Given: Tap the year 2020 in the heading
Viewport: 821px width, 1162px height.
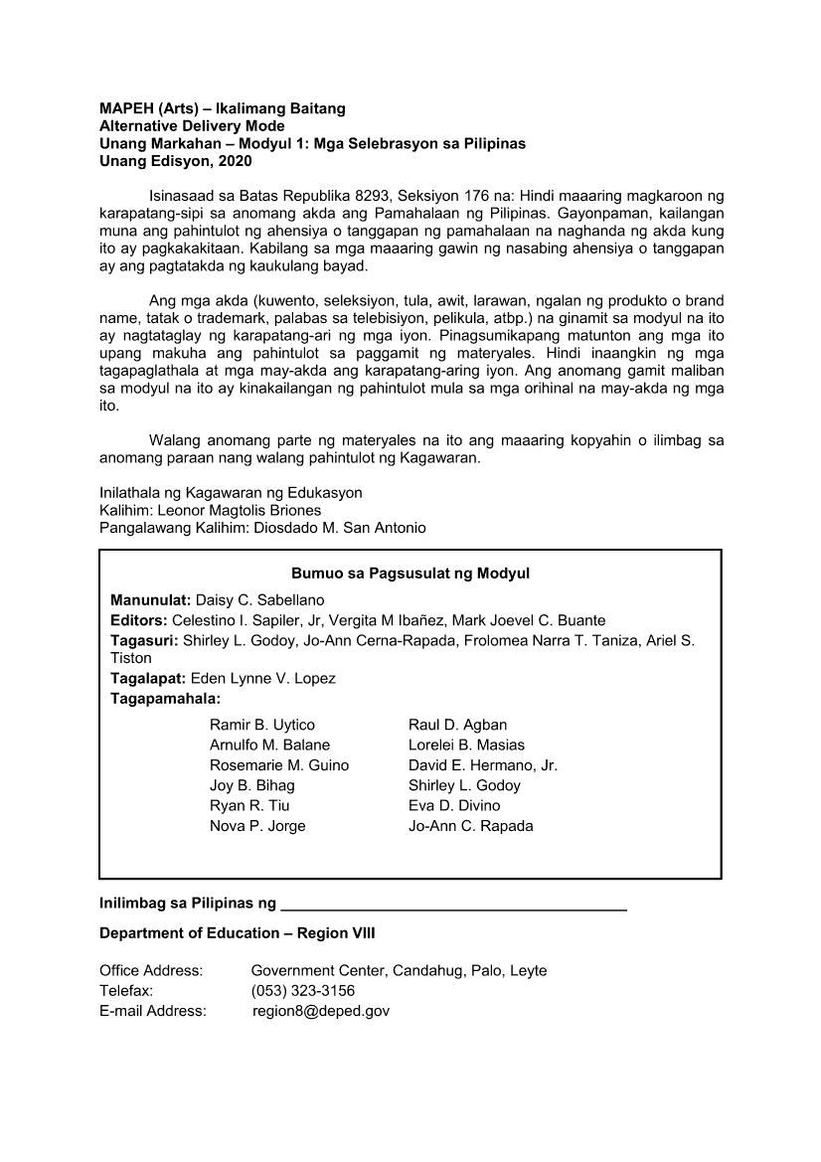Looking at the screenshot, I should (x=234, y=161).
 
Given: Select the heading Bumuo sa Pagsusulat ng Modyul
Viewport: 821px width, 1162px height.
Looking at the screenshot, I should (x=410, y=574).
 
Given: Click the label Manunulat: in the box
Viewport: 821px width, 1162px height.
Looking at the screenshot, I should (x=150, y=600).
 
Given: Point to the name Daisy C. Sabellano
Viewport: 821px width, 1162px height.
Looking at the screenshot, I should (x=259, y=600).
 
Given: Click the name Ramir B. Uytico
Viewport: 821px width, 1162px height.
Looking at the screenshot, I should (x=261, y=725).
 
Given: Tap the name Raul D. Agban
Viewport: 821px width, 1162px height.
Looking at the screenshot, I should (x=457, y=725).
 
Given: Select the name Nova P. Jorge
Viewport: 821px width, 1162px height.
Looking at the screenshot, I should (x=257, y=826).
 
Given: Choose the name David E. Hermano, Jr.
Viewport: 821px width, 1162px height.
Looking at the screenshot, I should (x=483, y=765).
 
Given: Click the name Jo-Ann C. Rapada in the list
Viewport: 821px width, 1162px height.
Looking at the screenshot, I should (x=471, y=826).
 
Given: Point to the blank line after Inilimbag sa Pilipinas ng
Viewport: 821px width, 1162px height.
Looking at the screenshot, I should (x=454, y=907).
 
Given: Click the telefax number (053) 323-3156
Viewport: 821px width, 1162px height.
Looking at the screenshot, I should (x=303, y=991).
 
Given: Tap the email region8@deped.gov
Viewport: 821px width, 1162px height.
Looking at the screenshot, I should (x=321, y=1011).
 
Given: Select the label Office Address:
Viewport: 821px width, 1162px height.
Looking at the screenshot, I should (x=151, y=970).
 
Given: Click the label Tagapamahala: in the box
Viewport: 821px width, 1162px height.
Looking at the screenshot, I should (x=165, y=699).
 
